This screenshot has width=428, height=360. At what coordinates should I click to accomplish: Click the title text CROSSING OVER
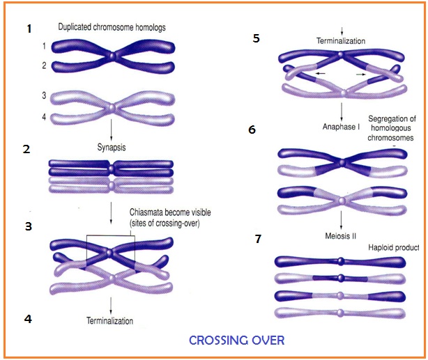pos(236,341)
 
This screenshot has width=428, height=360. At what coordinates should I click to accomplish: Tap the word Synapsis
pos(111,148)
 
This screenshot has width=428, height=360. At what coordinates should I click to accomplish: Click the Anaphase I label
pos(340,127)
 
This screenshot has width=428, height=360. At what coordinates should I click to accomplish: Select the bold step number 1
pos(29,29)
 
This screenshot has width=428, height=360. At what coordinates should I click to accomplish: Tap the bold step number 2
pos(27,150)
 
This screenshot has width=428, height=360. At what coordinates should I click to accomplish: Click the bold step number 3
pos(27,226)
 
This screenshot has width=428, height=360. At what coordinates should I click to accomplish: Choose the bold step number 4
pos(27,319)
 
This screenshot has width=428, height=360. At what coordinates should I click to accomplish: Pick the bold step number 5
pos(256,38)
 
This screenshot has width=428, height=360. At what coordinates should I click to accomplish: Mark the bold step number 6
pos(252,130)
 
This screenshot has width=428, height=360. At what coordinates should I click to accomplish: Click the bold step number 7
pos(258,239)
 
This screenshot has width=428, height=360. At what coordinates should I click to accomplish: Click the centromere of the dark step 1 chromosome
pos(111,56)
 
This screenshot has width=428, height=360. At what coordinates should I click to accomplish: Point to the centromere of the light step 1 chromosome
pos(111,108)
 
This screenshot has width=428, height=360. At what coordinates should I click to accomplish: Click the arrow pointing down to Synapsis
pos(111,131)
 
